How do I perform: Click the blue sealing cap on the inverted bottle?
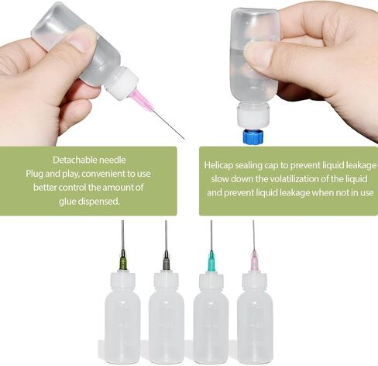(253, 136)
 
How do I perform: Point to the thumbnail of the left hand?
(82, 39)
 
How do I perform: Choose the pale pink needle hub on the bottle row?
(255, 261)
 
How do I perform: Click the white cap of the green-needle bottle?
(123, 280)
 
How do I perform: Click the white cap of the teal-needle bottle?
(211, 281)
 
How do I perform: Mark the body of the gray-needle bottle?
(167, 326)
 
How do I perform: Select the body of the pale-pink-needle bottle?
(255, 326)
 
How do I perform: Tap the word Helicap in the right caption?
(218, 165)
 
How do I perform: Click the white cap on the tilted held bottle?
(122, 83)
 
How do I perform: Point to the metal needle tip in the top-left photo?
(184, 139)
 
